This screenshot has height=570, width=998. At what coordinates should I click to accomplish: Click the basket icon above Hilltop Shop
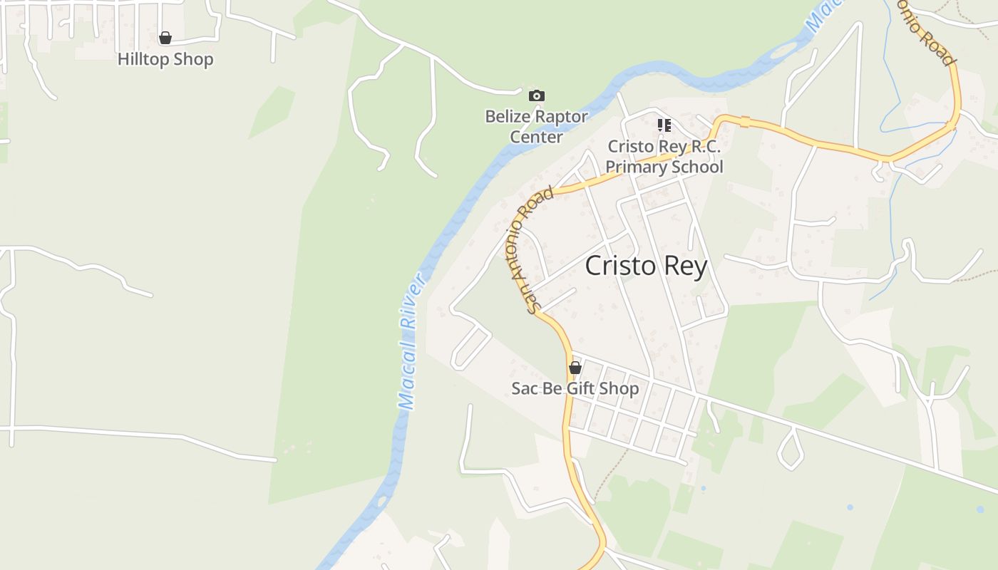pos(165,38)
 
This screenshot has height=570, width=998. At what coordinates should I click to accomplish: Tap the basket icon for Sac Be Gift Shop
pos(575,368)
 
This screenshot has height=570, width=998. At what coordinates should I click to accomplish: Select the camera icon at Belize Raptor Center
pos(537,95)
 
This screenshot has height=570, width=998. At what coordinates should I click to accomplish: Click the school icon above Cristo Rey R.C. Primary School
pos(664,125)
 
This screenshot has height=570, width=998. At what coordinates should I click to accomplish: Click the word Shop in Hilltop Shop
pos(193,59)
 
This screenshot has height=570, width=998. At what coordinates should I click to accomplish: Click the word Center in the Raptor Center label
pos(537,137)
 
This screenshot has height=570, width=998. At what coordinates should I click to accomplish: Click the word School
pos(694,167)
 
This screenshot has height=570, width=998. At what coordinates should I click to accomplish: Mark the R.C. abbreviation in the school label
pos(704,147)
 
